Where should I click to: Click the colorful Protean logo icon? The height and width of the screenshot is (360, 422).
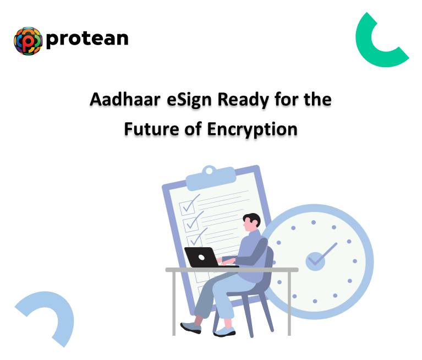[x=28, y=40]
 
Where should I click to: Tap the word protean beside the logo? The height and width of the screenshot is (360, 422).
[x=87, y=39]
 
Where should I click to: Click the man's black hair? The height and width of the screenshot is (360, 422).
[x=253, y=218]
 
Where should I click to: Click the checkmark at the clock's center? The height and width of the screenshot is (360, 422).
[x=316, y=259]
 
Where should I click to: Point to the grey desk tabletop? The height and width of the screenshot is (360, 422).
[x=231, y=270]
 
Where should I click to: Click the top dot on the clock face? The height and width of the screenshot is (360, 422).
[x=314, y=222]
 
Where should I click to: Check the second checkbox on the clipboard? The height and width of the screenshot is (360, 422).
[x=191, y=223]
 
